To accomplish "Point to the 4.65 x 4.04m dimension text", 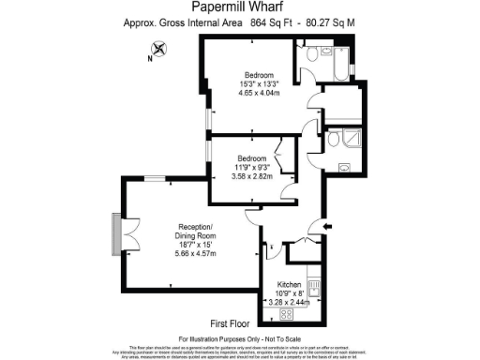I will pos(259,94).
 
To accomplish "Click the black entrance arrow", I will pos(325,225).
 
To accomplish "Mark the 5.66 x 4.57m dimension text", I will pos(197,254).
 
